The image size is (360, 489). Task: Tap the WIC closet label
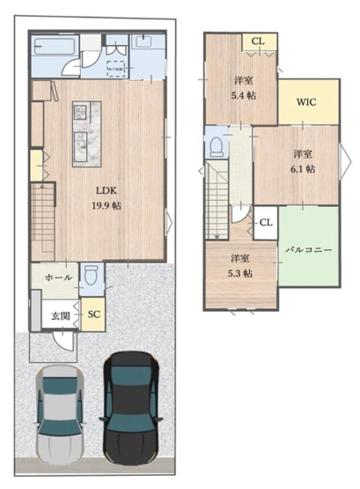click(306, 102)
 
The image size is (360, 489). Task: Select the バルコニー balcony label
click(308, 249)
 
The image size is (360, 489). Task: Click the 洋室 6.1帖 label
click(304, 161)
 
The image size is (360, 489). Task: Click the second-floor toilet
click(214, 144)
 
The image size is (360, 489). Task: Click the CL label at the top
click(258, 41)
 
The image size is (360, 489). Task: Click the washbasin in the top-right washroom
click(143, 43)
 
